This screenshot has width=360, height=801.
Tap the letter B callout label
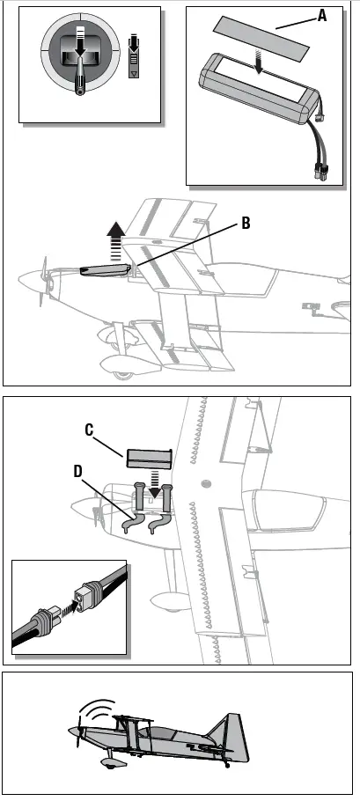click(x=246, y=224)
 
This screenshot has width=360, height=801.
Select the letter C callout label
click(x=90, y=430)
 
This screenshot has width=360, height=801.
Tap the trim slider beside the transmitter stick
click(x=135, y=58)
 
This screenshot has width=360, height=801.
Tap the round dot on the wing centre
click(x=205, y=482)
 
